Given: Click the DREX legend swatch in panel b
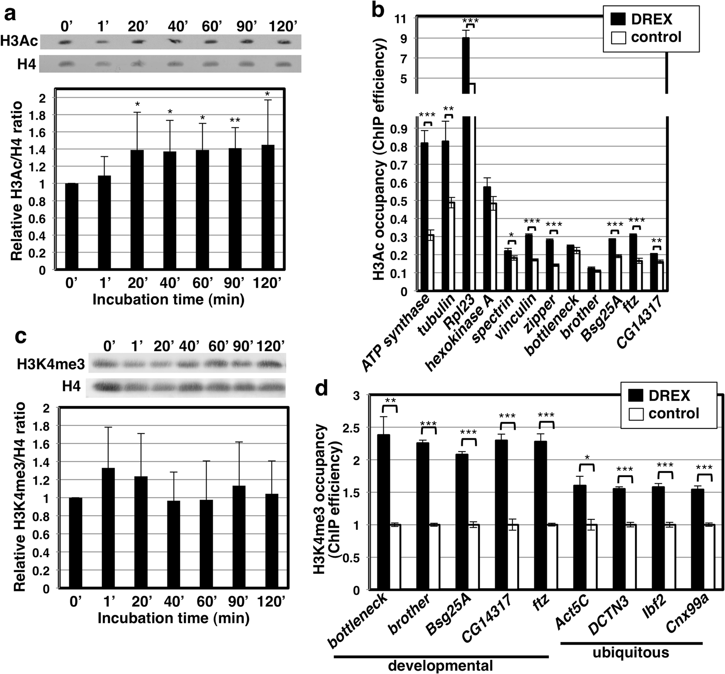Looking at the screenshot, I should pos(618,19).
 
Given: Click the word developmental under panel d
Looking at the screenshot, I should pos(441,666).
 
